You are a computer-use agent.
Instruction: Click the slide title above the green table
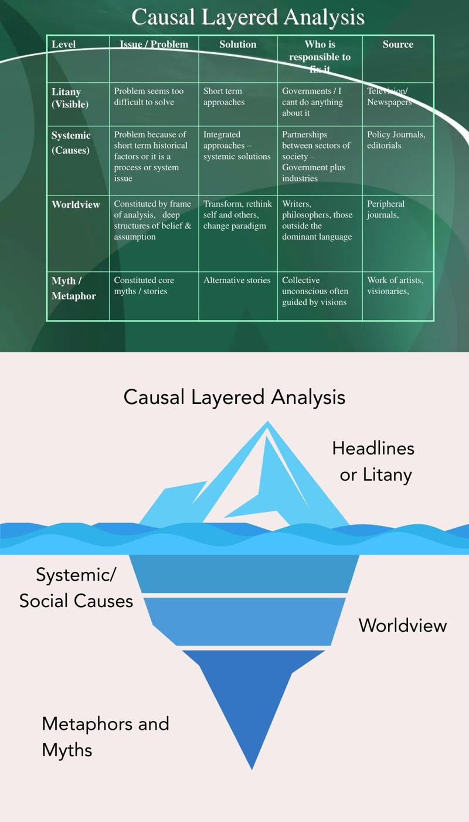(x=248, y=17)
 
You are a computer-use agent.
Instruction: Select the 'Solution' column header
(x=237, y=45)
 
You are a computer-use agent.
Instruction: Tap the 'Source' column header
(x=398, y=45)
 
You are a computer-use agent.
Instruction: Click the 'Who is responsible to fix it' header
(x=320, y=56)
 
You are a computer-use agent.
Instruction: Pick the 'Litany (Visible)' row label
(x=70, y=98)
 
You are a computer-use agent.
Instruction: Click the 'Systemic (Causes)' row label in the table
(x=71, y=143)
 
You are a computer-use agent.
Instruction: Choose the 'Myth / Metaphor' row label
(x=73, y=288)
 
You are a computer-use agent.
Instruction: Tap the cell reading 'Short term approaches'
(x=223, y=96)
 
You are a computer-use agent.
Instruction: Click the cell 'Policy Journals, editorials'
(x=396, y=140)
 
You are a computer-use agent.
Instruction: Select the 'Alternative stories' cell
(x=237, y=281)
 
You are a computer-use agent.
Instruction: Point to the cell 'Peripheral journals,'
(x=386, y=209)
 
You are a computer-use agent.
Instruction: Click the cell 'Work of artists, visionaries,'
(x=395, y=285)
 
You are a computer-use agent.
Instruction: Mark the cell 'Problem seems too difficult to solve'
(x=148, y=96)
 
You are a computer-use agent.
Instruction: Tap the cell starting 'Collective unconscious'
(x=315, y=291)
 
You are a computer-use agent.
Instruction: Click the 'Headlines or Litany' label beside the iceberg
(x=373, y=461)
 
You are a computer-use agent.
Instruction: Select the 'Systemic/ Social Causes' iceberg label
(x=76, y=588)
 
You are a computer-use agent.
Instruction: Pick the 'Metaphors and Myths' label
(x=105, y=736)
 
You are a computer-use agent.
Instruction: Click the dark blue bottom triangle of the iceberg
(x=252, y=699)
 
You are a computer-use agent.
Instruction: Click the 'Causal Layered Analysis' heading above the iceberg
(x=235, y=397)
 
